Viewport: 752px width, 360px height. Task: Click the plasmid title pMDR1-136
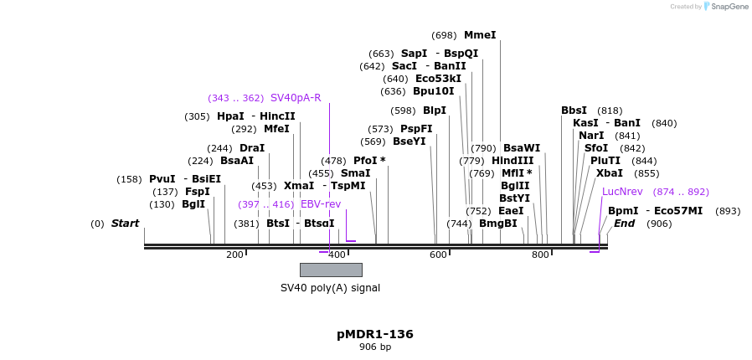tap(375, 334)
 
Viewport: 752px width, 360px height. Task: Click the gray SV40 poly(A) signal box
tap(331, 270)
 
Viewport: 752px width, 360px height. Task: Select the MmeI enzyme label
tap(480, 35)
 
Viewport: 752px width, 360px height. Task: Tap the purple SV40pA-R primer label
tap(296, 98)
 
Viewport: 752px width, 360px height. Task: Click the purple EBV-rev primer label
tap(321, 204)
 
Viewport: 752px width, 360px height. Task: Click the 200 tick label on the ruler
tap(234, 255)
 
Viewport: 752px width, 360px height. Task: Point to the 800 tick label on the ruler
tap(540, 255)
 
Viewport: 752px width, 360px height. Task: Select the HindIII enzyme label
tap(512, 161)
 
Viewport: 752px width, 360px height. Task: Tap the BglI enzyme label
tap(193, 204)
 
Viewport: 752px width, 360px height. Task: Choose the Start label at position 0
tap(125, 224)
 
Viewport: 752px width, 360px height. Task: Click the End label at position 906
tap(624, 224)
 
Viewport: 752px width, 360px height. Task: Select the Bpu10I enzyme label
tap(434, 91)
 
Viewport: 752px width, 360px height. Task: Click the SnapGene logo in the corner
tap(725, 7)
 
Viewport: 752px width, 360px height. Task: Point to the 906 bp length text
tap(375, 347)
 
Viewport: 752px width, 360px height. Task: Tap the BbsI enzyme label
tap(574, 111)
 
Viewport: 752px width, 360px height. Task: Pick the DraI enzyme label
tap(252, 148)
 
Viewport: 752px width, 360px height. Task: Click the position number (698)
tap(444, 35)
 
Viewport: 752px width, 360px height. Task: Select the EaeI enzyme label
tap(511, 211)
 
